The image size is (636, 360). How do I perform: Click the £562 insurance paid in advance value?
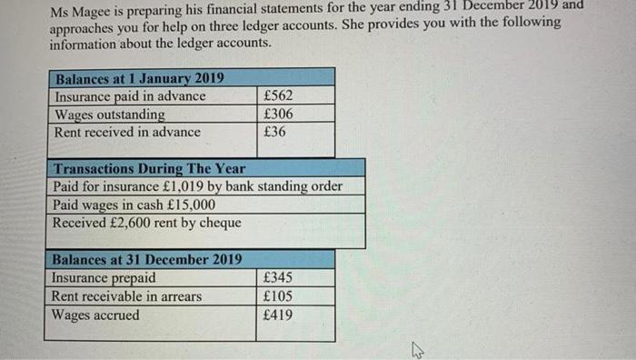click(277, 96)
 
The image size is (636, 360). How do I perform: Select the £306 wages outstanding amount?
click(277, 115)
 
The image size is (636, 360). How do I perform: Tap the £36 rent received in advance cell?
click(273, 132)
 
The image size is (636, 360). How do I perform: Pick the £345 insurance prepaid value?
click(277, 278)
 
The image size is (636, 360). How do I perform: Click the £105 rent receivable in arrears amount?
click(277, 296)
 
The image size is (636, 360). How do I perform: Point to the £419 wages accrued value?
click(277, 315)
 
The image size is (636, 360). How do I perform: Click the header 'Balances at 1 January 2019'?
click(140, 78)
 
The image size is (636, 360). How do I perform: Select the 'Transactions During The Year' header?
click(149, 168)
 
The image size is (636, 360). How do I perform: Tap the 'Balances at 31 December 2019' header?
click(147, 259)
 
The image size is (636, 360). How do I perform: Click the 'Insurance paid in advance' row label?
click(131, 96)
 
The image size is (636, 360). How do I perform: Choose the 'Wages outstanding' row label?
click(110, 115)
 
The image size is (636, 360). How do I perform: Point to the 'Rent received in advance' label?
click(127, 132)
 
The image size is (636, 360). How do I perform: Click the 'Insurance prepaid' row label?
click(104, 278)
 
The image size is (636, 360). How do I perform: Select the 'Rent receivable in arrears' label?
click(128, 296)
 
